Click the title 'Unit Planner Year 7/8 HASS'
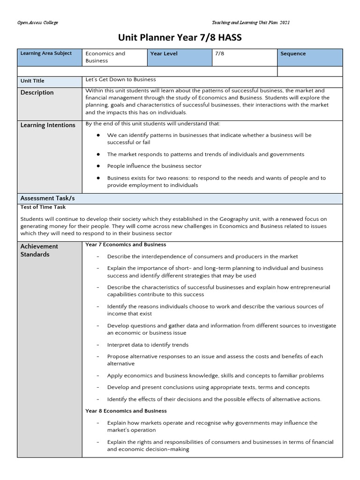tap(180, 38)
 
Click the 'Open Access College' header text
tap(37, 23)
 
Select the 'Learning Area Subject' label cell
tap(46, 53)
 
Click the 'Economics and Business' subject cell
tap(105, 57)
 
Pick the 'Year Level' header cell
tap(164, 54)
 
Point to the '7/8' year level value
tap(219, 54)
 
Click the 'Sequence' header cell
tap(293, 54)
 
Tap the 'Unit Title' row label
tap(32, 81)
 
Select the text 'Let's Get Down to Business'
tap(120, 80)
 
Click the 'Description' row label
tap(37, 93)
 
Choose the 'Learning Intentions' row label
tap(47, 125)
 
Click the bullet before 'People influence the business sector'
tap(98, 166)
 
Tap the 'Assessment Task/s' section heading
tap(47, 198)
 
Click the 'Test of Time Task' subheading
tap(43, 207)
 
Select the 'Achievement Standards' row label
tap(39, 250)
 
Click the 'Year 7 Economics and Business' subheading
tap(126, 245)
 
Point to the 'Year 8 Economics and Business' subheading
tap(126, 411)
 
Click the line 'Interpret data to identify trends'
tap(148, 345)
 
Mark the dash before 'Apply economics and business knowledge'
tap(97, 376)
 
